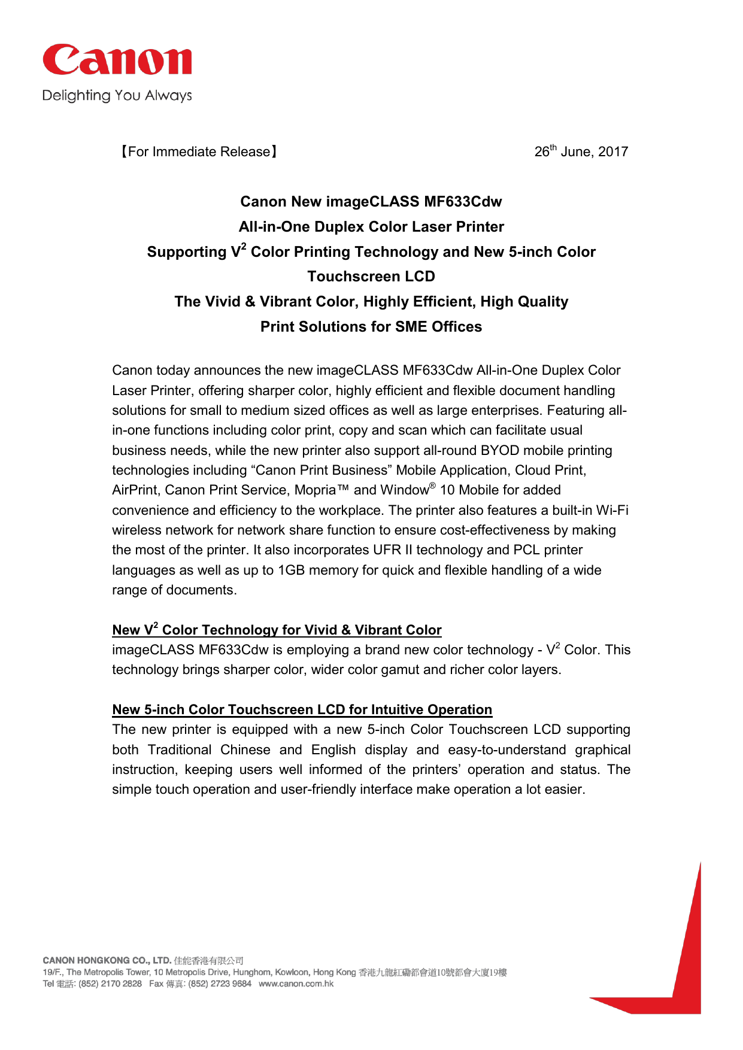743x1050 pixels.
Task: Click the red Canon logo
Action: (117, 60)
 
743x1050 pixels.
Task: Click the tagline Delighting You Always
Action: (117, 96)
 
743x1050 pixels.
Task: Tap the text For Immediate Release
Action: (199, 152)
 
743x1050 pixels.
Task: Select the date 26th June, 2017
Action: (581, 151)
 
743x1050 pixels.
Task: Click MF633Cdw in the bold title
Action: (463, 202)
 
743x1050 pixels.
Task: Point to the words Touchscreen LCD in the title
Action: (371, 277)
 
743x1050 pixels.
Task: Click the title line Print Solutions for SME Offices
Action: (371, 327)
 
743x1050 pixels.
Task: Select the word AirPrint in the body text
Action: (136, 490)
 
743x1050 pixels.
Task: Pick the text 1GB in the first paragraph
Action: (292, 570)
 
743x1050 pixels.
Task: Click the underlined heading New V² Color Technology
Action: (277, 630)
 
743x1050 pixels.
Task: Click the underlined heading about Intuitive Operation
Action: (302, 710)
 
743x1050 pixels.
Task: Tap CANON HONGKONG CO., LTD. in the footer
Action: (107, 961)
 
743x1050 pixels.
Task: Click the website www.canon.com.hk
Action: (296, 984)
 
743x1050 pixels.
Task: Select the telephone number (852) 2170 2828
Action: (110, 984)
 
